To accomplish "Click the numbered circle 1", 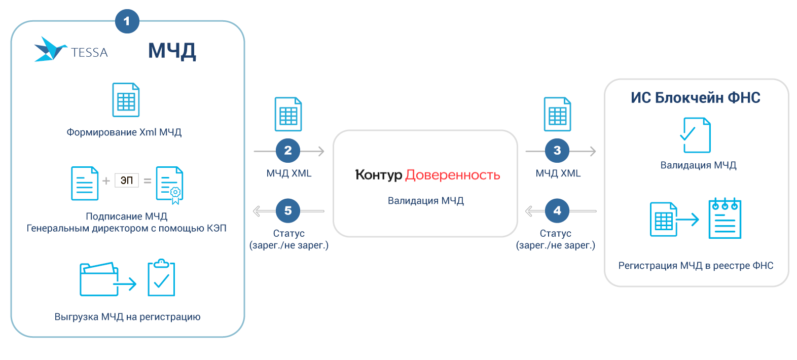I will tap(127, 21).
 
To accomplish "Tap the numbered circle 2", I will tap(288, 151).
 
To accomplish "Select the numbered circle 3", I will tap(557, 151).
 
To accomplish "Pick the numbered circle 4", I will tap(557, 211).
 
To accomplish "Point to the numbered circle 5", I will tap(288, 211).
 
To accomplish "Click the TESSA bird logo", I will tap(50, 49).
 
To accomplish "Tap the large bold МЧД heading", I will tap(172, 51).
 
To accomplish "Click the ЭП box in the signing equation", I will tap(127, 180).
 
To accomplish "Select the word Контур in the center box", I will tap(378, 175).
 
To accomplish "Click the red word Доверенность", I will tap(453, 175).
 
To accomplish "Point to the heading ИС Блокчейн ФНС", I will tap(696, 97).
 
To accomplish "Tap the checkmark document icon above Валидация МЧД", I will tap(695, 135).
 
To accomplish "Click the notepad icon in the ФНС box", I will tap(725, 219).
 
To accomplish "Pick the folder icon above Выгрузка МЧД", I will tap(99, 278).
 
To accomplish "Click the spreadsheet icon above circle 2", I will tap(288, 114).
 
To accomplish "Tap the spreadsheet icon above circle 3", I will tap(557, 114).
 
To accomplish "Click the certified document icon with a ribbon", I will tap(169, 185).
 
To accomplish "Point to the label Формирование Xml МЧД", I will tap(124, 132).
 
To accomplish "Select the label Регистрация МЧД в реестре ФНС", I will tap(696, 266).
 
